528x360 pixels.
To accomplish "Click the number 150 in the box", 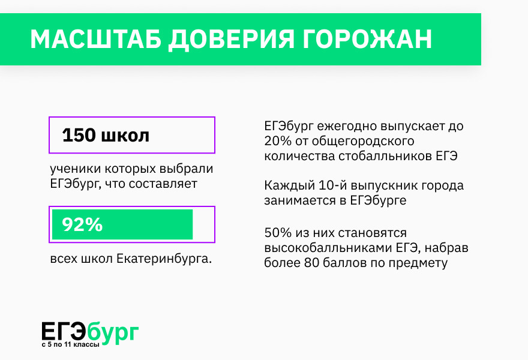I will [x=79, y=136].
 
